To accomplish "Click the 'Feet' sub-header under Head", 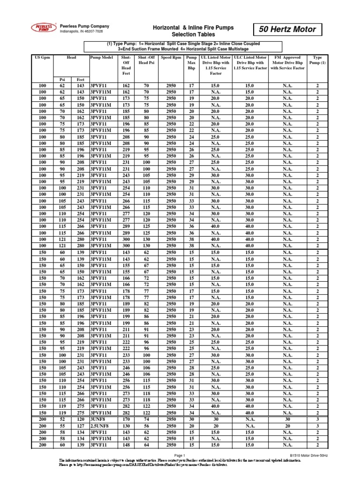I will click(x=80, y=80).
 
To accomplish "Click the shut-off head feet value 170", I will click(x=126, y=419).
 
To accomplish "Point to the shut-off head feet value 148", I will click(x=126, y=444).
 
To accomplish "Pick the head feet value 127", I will click(x=80, y=425).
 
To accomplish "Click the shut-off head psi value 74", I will click(x=146, y=419).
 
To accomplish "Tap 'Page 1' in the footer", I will click(x=180, y=456).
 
